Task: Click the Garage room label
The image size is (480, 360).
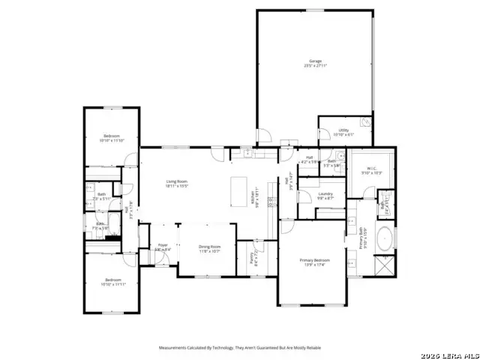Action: click(316, 61)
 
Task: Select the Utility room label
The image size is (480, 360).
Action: click(343, 130)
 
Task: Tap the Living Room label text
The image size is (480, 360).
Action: click(176, 181)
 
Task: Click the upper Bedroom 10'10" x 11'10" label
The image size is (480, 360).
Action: click(111, 136)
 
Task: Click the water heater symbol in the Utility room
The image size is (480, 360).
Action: click(365, 121)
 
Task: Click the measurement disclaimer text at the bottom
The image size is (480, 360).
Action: click(239, 348)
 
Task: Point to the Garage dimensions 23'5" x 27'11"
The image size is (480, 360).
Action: click(316, 66)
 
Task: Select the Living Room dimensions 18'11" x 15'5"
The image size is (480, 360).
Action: click(176, 186)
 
